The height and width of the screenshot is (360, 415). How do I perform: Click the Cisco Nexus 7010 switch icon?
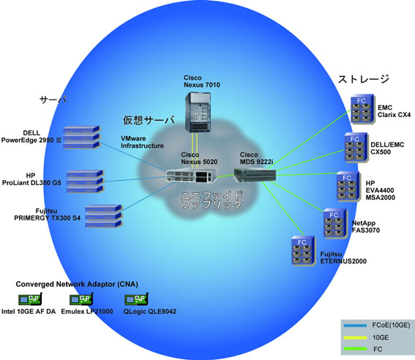click(198, 112)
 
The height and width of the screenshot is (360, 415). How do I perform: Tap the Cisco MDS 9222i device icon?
click(255, 175)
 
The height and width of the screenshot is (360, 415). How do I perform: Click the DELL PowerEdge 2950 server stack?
click(81, 138)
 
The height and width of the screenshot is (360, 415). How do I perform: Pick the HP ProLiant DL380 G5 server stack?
click(85, 181)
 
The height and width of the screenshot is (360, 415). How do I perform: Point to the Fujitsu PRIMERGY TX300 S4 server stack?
click(103, 216)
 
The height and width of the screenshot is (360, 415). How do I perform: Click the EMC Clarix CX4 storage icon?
click(362, 109)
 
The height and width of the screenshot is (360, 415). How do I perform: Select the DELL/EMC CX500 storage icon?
click(356, 148)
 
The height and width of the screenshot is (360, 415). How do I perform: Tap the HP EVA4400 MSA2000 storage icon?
click(348, 187)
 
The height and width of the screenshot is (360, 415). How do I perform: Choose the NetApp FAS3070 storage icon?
click(335, 224)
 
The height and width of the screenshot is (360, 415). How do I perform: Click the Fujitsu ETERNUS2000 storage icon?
click(303, 251)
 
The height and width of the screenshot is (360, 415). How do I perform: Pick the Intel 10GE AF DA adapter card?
click(30, 299)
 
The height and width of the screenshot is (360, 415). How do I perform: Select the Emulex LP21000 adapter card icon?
click(81, 299)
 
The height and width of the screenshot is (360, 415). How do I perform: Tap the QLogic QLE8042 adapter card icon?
click(137, 299)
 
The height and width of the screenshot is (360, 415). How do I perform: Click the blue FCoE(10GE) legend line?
click(355, 326)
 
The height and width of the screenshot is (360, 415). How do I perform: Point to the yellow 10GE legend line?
click(355, 337)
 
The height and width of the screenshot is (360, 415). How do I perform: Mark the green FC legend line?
click(355, 349)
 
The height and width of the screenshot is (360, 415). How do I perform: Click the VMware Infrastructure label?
click(143, 142)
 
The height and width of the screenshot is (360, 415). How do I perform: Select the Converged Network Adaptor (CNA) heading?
click(77, 284)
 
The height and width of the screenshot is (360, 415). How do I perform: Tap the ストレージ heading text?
click(363, 79)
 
